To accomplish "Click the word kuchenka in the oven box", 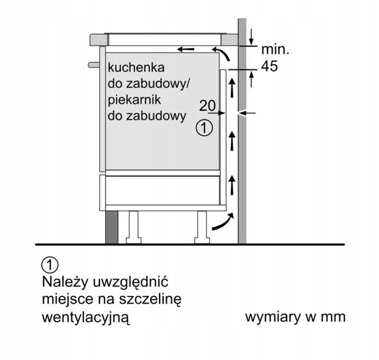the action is click(x=136, y=67).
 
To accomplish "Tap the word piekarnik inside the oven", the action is click(x=134, y=100).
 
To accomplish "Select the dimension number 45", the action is click(x=269, y=66).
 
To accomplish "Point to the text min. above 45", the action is click(x=275, y=49).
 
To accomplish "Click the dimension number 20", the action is click(x=207, y=106).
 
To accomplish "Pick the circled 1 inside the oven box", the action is click(x=204, y=127).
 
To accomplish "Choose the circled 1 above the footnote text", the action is click(x=50, y=265).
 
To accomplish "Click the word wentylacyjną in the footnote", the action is click(x=86, y=317).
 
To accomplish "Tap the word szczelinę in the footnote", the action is click(x=150, y=299).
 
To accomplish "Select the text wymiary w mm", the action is click(x=296, y=317).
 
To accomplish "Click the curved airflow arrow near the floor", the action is click(x=223, y=222).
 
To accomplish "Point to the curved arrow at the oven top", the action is click(x=221, y=54).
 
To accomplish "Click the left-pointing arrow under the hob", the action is click(x=185, y=49).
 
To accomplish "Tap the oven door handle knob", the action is click(x=94, y=65).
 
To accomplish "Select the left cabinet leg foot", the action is click(x=133, y=240).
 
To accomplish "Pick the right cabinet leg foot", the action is click(x=202, y=240).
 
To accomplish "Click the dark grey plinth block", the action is click(x=112, y=227).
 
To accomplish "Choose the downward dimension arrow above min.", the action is click(x=251, y=37).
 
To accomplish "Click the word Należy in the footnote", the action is click(x=65, y=282).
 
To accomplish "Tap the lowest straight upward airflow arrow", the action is click(x=232, y=185).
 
